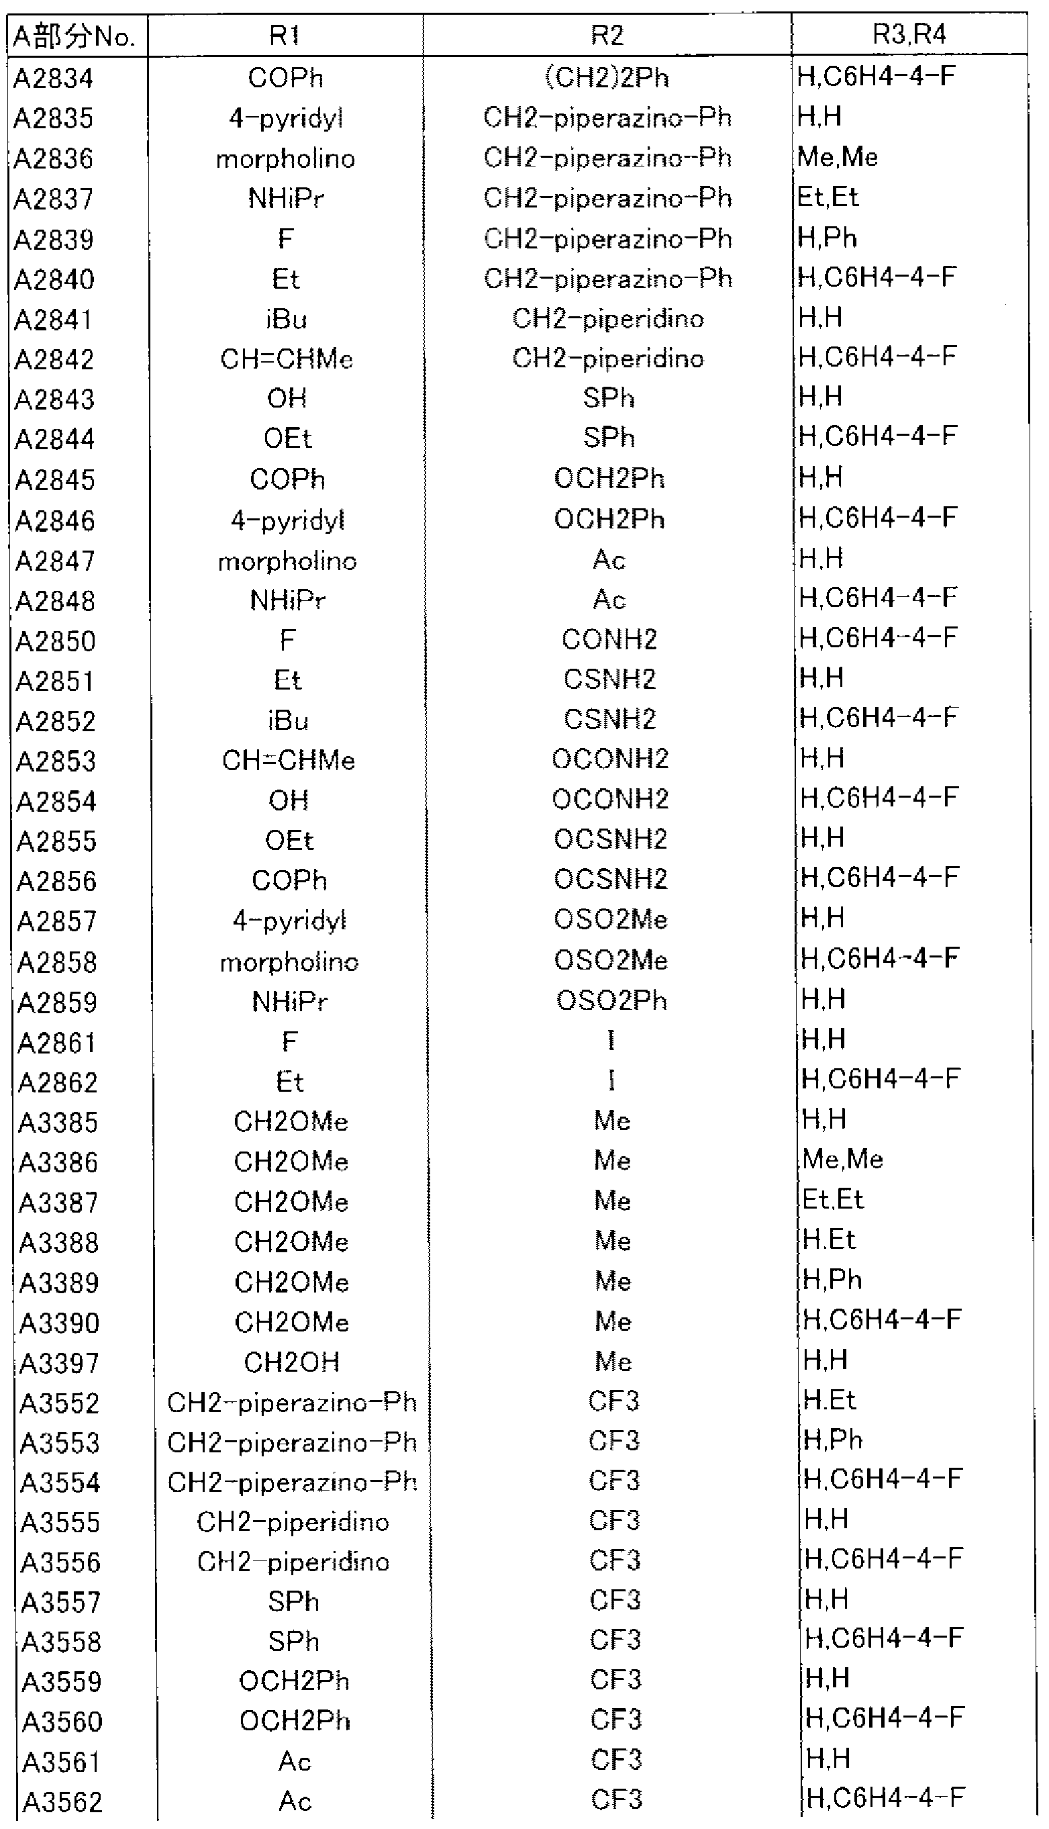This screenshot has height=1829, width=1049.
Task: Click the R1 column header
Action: (285, 36)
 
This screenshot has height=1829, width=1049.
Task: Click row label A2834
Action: (54, 78)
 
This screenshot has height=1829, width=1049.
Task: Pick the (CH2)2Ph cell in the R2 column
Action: (607, 77)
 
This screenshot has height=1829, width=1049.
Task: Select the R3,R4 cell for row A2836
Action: (837, 157)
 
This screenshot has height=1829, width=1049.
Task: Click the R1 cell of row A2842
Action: (287, 359)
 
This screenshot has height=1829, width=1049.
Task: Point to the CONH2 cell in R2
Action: (609, 640)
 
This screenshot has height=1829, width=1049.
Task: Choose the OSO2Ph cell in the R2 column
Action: (611, 1000)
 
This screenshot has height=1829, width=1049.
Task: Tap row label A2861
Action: (57, 1043)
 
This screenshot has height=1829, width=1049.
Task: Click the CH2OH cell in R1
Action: (291, 1363)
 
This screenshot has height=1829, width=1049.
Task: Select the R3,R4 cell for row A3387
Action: (833, 1199)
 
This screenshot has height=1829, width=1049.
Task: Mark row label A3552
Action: (59, 1404)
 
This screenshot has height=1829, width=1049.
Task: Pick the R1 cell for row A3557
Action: (293, 1602)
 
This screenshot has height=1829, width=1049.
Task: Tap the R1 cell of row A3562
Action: (295, 1801)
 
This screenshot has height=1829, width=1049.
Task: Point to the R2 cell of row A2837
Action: (607, 198)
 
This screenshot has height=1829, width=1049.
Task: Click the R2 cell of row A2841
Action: (607, 318)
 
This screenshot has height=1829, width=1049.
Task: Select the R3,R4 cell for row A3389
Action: (832, 1280)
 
